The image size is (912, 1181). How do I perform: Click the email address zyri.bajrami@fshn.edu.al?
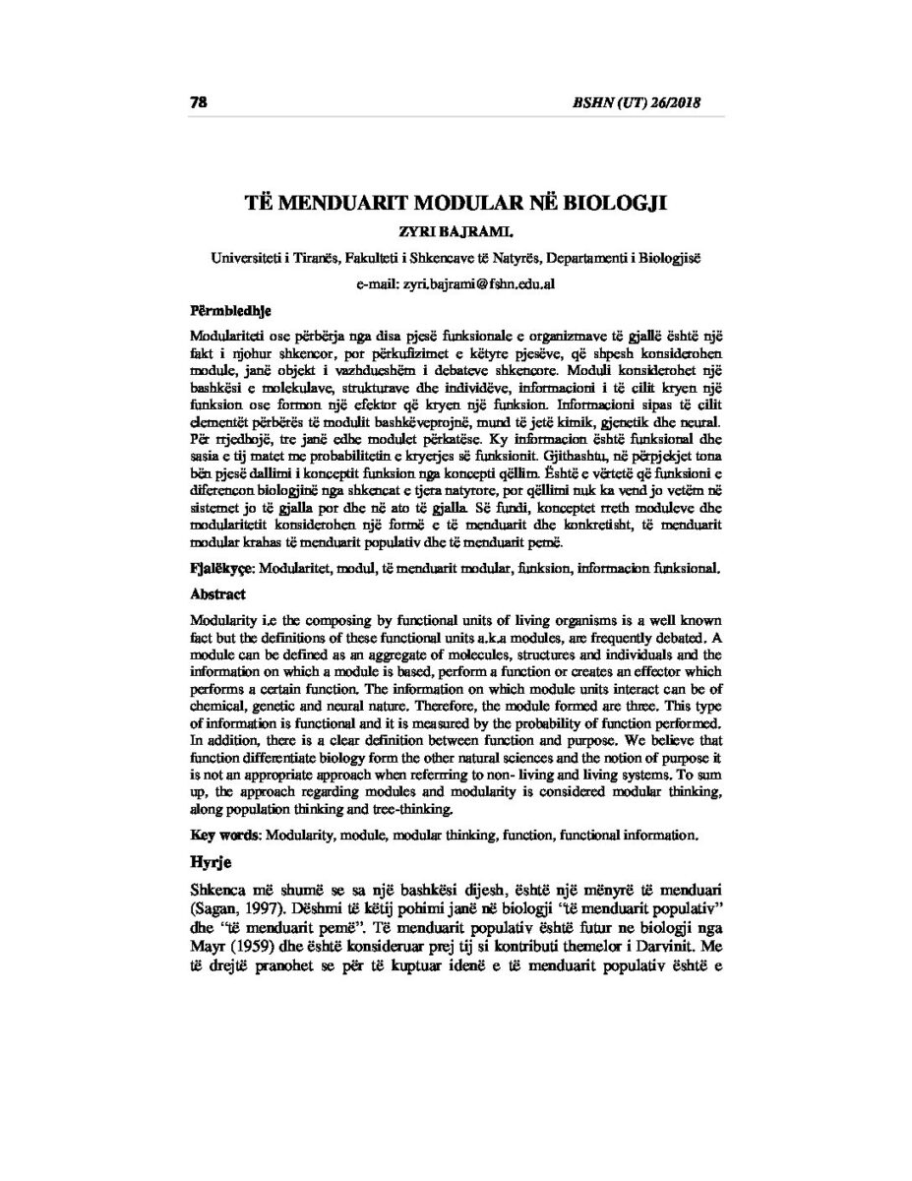coord(456,283)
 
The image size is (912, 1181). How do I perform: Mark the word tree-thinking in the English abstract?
coord(410,810)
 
